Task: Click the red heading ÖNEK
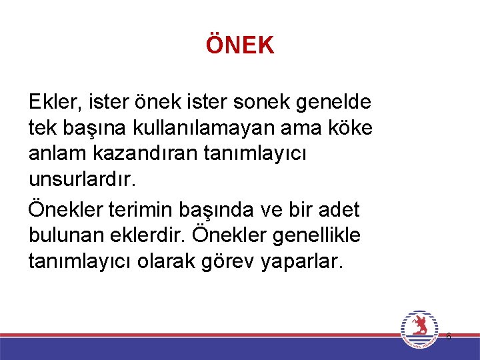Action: [240, 45]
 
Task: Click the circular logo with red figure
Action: [419, 329]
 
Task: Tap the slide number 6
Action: [448, 337]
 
